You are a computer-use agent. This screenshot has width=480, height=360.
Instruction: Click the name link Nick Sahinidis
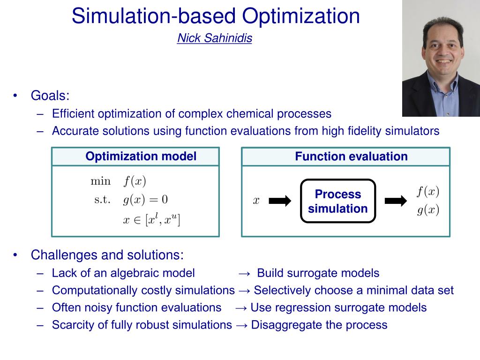click(x=214, y=38)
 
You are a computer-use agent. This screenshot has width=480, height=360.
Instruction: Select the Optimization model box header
click(x=141, y=157)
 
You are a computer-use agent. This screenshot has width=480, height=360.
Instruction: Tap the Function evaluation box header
click(x=351, y=157)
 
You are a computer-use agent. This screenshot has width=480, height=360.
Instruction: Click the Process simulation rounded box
click(x=337, y=201)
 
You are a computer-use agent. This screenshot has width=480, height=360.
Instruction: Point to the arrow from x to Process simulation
click(x=280, y=201)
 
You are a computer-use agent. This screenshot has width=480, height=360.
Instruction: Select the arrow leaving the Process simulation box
click(x=396, y=201)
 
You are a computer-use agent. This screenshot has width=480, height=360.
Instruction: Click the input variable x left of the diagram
click(x=256, y=201)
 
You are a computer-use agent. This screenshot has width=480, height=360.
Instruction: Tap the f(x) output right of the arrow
click(x=428, y=191)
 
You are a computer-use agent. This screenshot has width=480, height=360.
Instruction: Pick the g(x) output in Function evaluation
click(x=428, y=210)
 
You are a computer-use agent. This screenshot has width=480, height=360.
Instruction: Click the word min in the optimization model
click(x=100, y=181)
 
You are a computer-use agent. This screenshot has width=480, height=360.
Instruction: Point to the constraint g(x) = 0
click(x=145, y=200)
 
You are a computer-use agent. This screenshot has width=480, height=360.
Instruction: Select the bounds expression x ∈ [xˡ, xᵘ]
click(x=151, y=219)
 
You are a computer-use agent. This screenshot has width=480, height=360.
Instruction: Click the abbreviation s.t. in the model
click(x=102, y=200)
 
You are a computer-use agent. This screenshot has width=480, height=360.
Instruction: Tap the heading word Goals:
click(x=50, y=96)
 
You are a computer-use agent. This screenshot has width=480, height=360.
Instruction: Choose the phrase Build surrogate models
click(x=318, y=273)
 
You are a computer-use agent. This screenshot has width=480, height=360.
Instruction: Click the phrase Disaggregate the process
click(x=319, y=325)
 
